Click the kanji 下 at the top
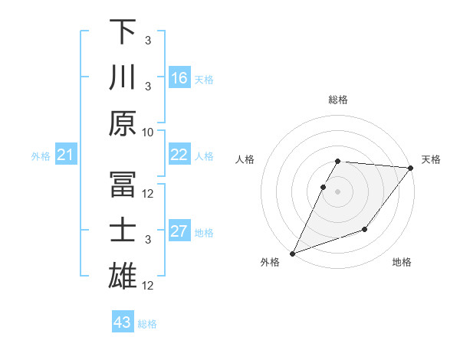(123, 32)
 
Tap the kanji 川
(123, 77)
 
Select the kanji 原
(123, 123)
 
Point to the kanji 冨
(123, 184)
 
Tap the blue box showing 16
(179, 78)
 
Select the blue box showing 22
(179, 155)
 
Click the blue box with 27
(179, 231)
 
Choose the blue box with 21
(66, 155)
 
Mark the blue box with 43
(123, 322)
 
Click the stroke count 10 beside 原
(149, 132)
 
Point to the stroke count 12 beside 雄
(149, 286)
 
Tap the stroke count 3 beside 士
(149, 240)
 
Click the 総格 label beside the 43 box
(147, 324)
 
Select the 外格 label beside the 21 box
(41, 156)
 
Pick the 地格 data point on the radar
(365, 229)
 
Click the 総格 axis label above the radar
(338, 100)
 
